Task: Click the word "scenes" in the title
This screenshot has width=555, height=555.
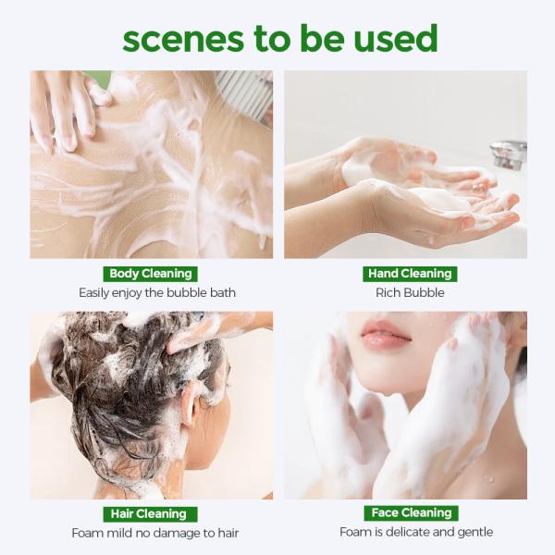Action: pyautogui.click(x=183, y=39)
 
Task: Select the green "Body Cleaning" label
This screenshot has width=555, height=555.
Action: pyautogui.click(x=151, y=274)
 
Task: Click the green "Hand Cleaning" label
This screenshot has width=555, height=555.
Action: pyautogui.click(x=410, y=274)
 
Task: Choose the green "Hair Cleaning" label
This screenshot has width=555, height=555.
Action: pyautogui.click(x=151, y=514)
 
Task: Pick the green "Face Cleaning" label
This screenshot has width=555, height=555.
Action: pyautogui.click(x=412, y=513)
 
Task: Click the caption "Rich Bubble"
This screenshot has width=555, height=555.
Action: pyautogui.click(x=410, y=292)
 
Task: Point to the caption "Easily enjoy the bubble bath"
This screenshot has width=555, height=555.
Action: pyautogui.click(x=157, y=293)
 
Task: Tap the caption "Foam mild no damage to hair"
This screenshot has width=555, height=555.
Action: pyautogui.click(x=155, y=533)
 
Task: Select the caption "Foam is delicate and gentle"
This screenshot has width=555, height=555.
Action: pyautogui.click(x=416, y=533)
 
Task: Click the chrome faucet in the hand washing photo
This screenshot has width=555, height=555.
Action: pyautogui.click(x=509, y=154)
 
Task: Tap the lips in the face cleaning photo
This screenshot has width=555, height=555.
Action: pyautogui.click(x=385, y=335)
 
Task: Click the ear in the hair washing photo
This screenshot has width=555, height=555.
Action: pyautogui.click(x=189, y=404)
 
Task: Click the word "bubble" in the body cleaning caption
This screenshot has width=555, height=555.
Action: pyautogui.click(x=187, y=292)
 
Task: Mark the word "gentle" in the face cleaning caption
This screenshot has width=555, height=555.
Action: pyautogui.click(x=474, y=533)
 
